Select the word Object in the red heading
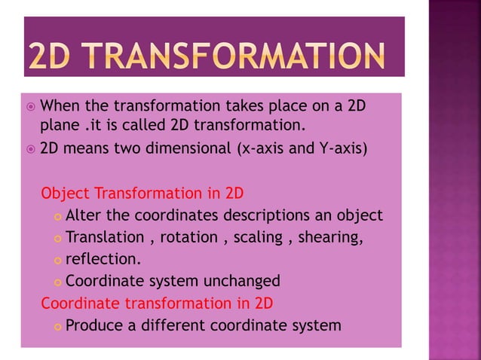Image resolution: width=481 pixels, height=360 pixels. click(64, 192)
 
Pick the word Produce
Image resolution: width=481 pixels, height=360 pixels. click(94, 325)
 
